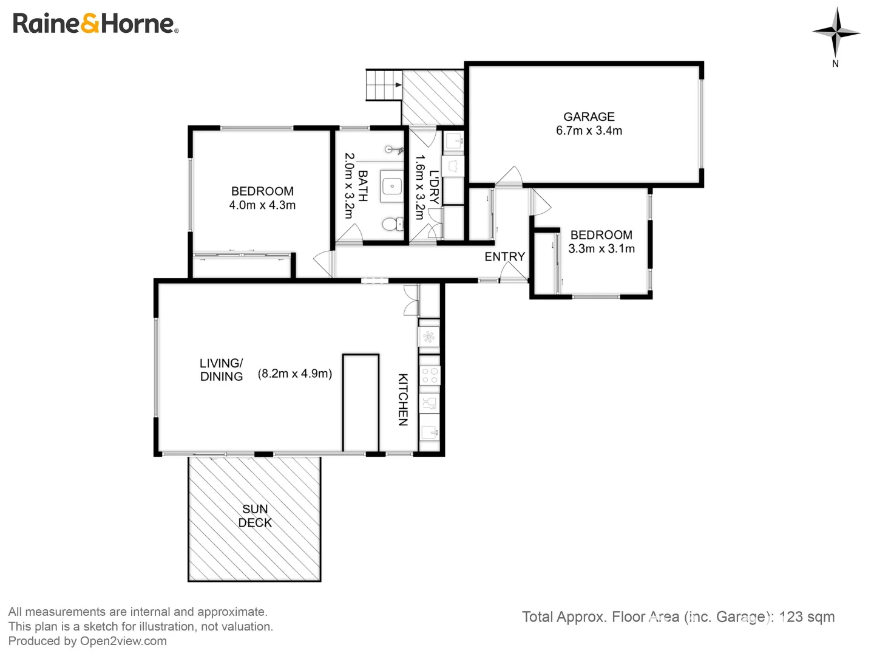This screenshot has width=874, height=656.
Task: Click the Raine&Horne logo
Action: pyautogui.click(x=95, y=24)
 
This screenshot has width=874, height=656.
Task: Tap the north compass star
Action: pyautogui.click(x=836, y=32)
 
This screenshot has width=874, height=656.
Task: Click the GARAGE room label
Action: pyautogui.click(x=589, y=117)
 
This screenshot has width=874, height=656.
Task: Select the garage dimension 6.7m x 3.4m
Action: pyautogui.click(x=589, y=131)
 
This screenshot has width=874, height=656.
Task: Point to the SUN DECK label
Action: pyautogui.click(x=255, y=516)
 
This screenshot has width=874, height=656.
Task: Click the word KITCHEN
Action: pyautogui.click(x=403, y=399)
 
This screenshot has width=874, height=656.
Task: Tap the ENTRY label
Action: pyautogui.click(x=504, y=257)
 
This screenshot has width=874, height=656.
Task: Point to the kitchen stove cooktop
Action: pyautogui.click(x=430, y=375)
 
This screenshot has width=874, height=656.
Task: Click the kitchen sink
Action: pyautogui.click(x=430, y=432)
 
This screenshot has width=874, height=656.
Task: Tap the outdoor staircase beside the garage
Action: pyautogui.click(x=384, y=84)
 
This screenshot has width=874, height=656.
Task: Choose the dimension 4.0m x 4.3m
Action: pyautogui.click(x=262, y=205)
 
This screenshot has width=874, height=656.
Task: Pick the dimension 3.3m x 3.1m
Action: pyautogui.click(x=601, y=248)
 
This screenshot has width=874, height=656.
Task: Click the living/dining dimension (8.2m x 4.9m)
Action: pyautogui.click(x=295, y=374)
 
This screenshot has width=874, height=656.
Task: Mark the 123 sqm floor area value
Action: pyautogui.click(x=807, y=617)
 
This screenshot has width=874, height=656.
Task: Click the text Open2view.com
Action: pyautogui.click(x=123, y=641)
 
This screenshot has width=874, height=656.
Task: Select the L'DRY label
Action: pyautogui.click(x=434, y=187)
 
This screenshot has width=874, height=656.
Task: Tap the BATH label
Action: pyautogui.click(x=362, y=185)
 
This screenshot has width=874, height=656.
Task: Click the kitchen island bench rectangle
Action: pyautogui.click(x=361, y=403)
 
